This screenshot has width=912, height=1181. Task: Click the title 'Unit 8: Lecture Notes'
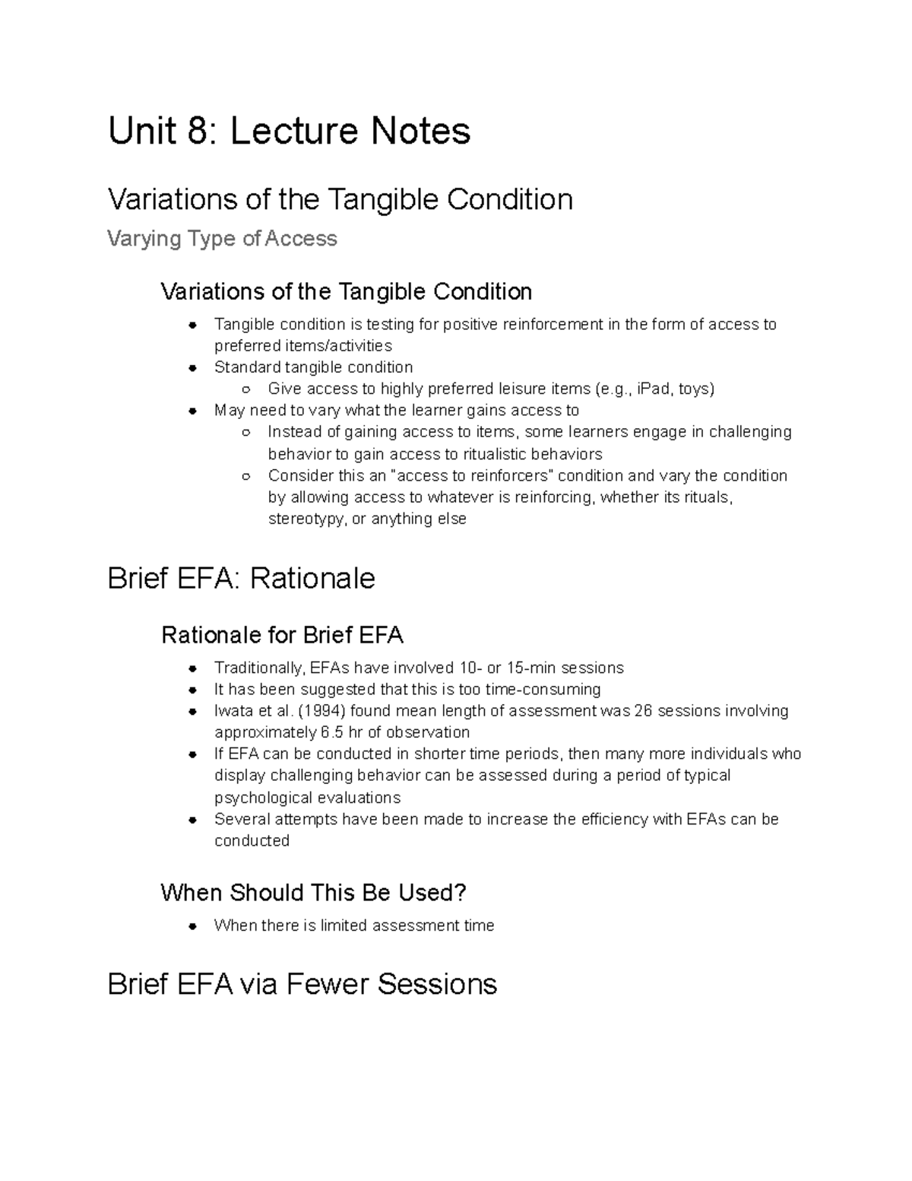[x=289, y=131]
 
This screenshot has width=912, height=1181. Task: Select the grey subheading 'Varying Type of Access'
[x=222, y=239]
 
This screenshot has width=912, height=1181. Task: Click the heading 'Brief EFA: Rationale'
[x=241, y=579]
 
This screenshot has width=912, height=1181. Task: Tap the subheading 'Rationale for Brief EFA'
[x=282, y=635]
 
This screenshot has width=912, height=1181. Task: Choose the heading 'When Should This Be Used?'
[x=313, y=893]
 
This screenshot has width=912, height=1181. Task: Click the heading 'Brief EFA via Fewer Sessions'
[x=302, y=984]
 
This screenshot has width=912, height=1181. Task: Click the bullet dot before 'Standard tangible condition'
[x=194, y=368]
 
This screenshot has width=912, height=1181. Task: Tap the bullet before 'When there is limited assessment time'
[x=194, y=926]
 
